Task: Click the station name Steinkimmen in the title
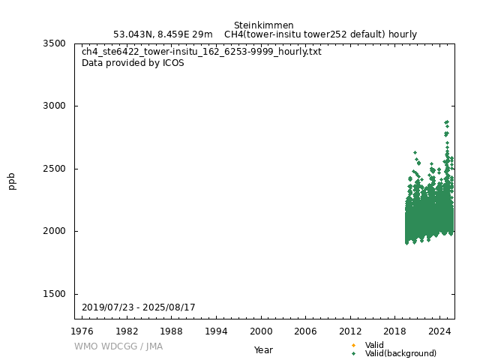pos(263,25)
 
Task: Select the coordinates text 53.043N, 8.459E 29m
pos(163,34)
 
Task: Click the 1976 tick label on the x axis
pos(82,331)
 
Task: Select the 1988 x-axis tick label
pos(172,331)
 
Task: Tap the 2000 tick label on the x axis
pos(261,331)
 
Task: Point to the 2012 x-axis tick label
pos(350,331)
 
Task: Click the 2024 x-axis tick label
pos(439,331)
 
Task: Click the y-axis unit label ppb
pos(12,181)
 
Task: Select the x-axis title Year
pos(263,350)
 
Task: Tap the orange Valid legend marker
pos(354,345)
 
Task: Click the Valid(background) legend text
pos(400,353)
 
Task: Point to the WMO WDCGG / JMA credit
pos(118,346)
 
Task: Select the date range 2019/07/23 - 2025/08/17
pos(139,307)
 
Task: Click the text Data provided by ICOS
pos(133,63)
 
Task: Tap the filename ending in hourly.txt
pos(202,52)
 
